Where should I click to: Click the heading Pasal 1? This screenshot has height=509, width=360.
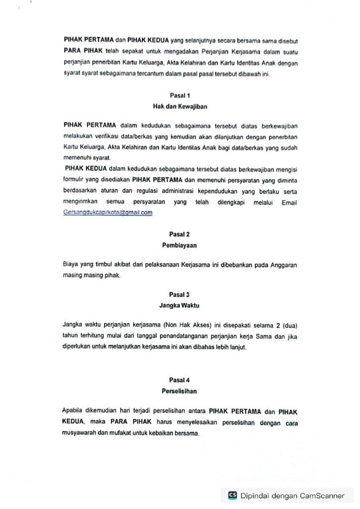tap(180, 95)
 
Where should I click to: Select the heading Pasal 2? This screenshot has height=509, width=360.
tap(180, 234)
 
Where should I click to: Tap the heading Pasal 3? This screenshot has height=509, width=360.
tap(180, 295)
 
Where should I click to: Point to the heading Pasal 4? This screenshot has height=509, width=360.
tap(180, 380)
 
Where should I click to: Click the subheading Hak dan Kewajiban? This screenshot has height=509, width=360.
tap(180, 106)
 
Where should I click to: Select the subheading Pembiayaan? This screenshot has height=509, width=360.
tap(180, 245)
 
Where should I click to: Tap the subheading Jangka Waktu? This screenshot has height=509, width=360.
tap(180, 305)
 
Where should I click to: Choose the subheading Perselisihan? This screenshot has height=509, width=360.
tap(180, 391)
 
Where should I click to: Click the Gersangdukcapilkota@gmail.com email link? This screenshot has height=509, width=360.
tap(108, 212)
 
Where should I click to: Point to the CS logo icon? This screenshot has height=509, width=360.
tap(232, 495)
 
